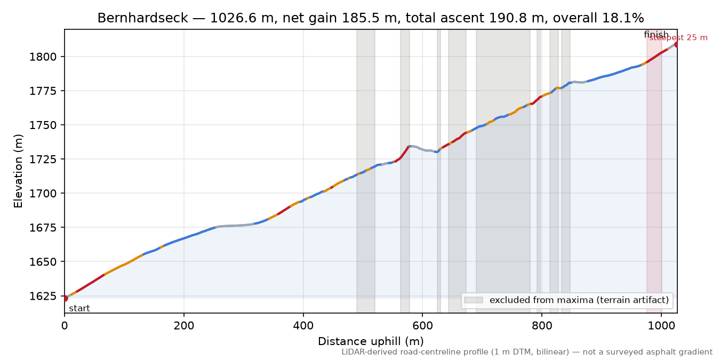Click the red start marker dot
click(65, 298)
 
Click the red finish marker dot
click(677, 44)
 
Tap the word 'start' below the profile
click(79, 309)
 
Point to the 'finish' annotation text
click(656, 34)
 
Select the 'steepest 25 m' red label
click(678, 38)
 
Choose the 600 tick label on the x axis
click(422, 326)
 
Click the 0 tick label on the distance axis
click(65, 326)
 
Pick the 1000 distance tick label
click(661, 326)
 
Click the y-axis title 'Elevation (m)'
click(18, 171)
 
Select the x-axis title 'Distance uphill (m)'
click(371, 341)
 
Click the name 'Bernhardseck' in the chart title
click(143, 18)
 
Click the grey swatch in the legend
click(474, 300)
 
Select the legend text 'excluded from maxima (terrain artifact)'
click(579, 300)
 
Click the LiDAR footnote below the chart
click(527, 352)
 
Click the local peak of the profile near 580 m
click(410, 146)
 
